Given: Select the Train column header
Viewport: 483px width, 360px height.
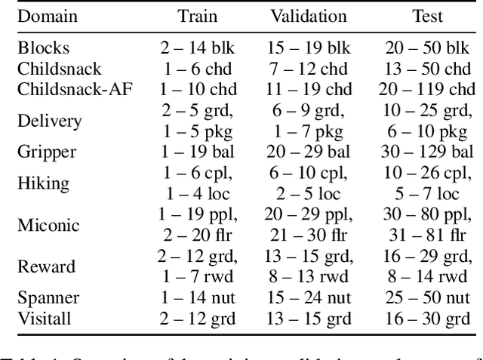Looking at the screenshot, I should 198,16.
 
